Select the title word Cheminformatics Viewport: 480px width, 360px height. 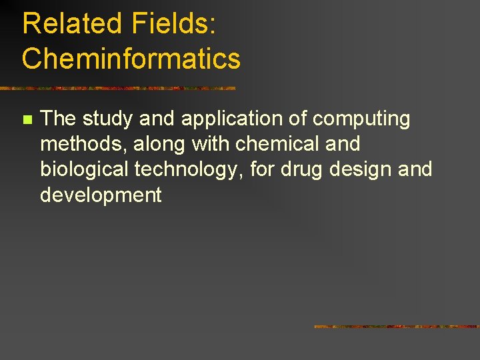tap(131, 59)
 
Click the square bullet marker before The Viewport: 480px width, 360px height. tap(27, 121)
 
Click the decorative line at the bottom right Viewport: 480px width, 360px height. tap(396, 327)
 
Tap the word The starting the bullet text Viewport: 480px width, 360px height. tap(59, 119)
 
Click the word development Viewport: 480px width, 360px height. tap(101, 195)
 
